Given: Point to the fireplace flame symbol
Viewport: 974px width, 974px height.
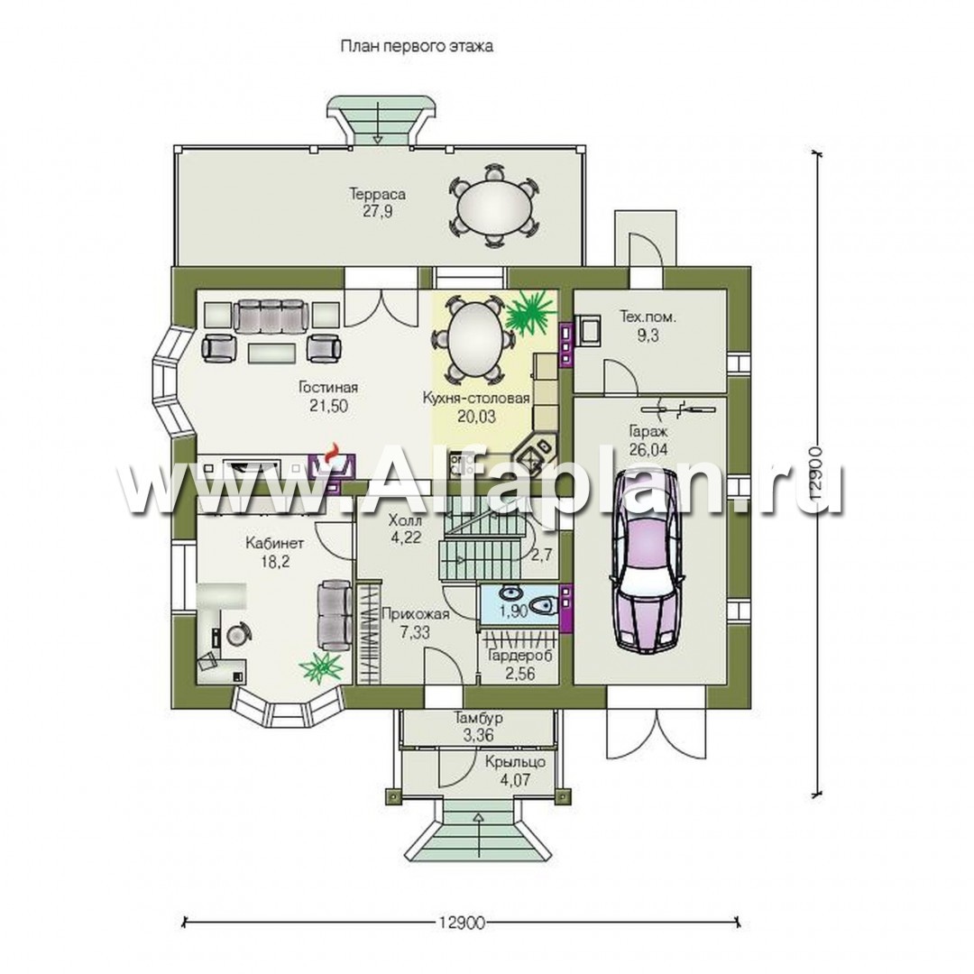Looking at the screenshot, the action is click(x=334, y=451).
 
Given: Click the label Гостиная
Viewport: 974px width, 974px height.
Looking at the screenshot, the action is click(x=328, y=388).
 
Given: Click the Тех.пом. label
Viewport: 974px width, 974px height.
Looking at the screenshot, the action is click(x=648, y=317).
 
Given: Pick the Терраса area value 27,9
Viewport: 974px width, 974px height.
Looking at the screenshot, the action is click(x=378, y=211).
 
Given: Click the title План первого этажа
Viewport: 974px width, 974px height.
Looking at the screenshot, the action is click(x=416, y=47).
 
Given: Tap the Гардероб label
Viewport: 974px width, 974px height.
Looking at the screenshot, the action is click(x=520, y=656).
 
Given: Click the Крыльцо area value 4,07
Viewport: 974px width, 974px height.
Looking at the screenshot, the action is click(x=516, y=779).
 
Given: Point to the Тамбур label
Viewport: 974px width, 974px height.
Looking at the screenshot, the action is click(x=478, y=718).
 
